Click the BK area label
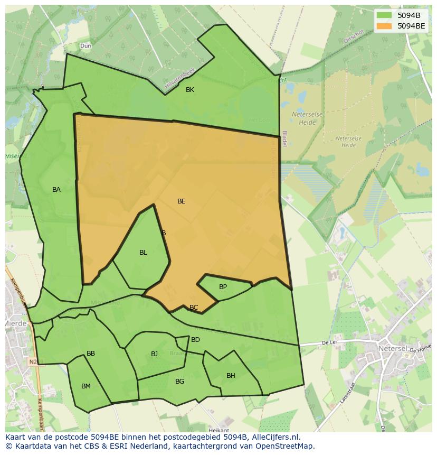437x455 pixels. tap(190, 90)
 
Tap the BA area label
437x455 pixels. tap(56, 190)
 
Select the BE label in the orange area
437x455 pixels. tap(182, 201)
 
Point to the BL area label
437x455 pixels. tap(143, 253)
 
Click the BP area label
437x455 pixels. tap(223, 287)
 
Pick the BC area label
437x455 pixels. tap(194, 308)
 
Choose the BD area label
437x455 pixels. tap(195, 340)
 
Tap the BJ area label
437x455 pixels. tap(154, 354)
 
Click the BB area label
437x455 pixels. tap(91, 354)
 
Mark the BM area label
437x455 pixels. tap(86, 386)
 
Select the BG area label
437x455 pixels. tap(179, 382)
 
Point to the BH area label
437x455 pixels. tap(231, 376)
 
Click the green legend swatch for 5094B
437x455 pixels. tap(384, 15)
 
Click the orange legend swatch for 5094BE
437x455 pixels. tap(384, 25)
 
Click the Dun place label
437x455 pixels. tap(85, 46)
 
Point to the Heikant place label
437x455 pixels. tap(218, 430)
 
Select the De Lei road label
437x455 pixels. tap(329, 343)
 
